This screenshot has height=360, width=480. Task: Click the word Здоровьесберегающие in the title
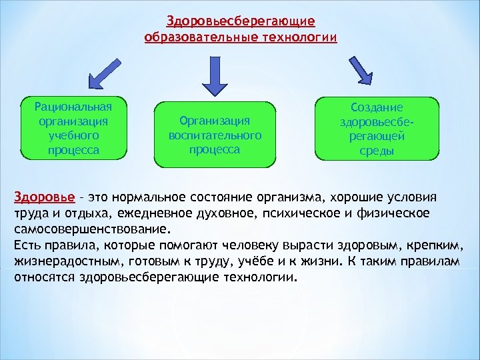coord(240,23)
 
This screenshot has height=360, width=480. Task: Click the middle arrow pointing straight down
coord(215,75)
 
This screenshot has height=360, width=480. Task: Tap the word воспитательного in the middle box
coord(215,135)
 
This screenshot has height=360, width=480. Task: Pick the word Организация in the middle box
coord(215,121)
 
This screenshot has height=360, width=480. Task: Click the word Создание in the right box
coord(377,107)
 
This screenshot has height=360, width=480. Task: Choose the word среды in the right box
coord(377,151)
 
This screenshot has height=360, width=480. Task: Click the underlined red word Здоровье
coord(38,198)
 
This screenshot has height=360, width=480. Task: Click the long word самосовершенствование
coord(87,227)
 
